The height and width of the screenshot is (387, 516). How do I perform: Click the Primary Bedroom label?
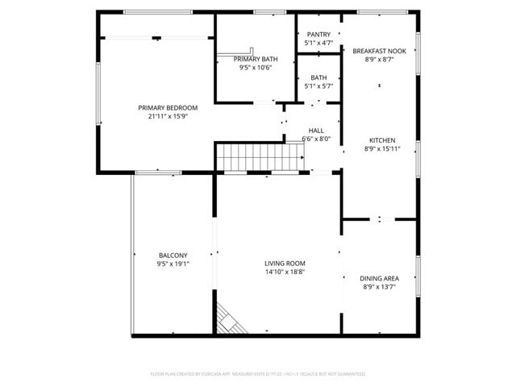click(168, 108)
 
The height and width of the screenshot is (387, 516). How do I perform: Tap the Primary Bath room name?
click(256, 60)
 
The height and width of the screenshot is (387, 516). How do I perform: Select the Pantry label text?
click(318, 35)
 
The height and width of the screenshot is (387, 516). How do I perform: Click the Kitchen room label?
click(382, 139)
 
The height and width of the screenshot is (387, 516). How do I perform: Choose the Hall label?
click(316, 131)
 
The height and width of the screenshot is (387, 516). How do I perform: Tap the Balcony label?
click(173, 255)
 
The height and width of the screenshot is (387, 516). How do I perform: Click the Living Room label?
click(285, 263)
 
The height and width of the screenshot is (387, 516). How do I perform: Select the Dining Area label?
click(379, 278)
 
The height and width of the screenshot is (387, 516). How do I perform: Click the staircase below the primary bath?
click(258, 155)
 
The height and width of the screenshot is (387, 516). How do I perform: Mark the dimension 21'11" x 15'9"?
click(168, 116)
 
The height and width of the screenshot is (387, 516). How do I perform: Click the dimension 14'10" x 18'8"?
click(285, 272)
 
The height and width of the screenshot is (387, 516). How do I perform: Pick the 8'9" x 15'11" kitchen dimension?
click(382, 148)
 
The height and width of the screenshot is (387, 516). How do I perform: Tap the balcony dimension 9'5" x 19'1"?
click(173, 263)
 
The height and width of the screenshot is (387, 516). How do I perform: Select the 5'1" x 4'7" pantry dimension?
click(318, 43)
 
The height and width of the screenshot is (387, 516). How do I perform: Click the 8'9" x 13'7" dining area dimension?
click(379, 286)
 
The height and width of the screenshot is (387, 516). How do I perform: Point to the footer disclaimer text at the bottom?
click(258, 374)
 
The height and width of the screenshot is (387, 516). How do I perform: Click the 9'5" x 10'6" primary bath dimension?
click(256, 68)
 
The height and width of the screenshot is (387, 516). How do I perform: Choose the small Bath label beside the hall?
click(318, 77)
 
